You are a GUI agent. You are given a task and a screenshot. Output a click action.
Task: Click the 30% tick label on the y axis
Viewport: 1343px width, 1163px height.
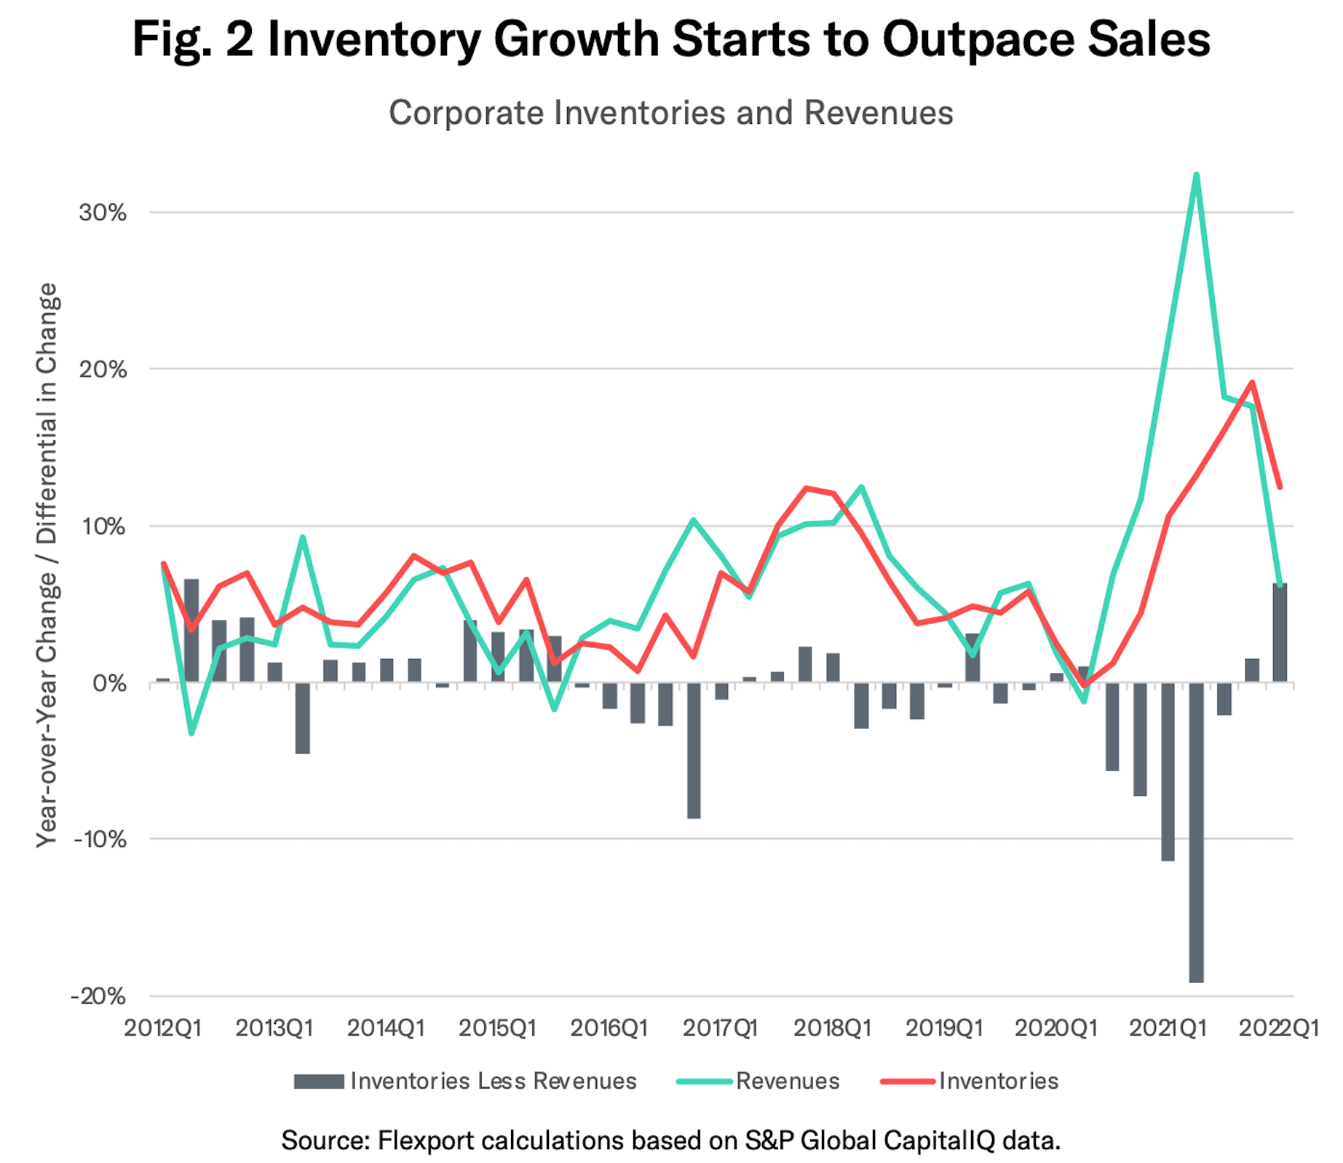[x=103, y=213]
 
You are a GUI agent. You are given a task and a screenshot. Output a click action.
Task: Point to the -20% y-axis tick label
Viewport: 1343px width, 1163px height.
[x=98, y=996]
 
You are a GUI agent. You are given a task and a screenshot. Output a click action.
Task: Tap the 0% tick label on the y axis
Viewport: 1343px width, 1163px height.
[x=109, y=683]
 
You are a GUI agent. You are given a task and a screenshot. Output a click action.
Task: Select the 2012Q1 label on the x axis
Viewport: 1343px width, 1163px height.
[x=163, y=1028]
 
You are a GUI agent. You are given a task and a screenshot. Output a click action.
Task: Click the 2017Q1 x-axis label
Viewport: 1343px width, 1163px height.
[x=721, y=1028]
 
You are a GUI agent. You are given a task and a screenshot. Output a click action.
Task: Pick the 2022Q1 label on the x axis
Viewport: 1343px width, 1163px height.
[x=1279, y=1028]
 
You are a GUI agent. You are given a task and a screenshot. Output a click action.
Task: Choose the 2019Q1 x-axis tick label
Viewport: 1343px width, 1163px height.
[x=944, y=1028]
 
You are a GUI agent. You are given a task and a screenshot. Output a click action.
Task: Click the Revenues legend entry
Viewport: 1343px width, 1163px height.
[x=788, y=1081]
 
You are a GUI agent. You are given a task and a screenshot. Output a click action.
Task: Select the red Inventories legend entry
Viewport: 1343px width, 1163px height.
[x=998, y=1081]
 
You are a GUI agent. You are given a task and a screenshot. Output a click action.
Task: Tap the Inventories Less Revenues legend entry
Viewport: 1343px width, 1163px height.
[x=493, y=1081]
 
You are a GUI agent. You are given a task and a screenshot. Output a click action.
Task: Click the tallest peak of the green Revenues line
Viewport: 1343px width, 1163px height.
[x=1196, y=175]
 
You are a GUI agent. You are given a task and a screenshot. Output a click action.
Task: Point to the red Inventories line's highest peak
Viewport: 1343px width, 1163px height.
[x=1252, y=382]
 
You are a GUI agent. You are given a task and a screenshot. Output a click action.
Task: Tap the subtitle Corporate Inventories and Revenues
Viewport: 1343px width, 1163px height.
[x=670, y=113]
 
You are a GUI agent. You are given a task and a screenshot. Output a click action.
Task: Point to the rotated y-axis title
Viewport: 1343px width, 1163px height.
[x=47, y=564]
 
